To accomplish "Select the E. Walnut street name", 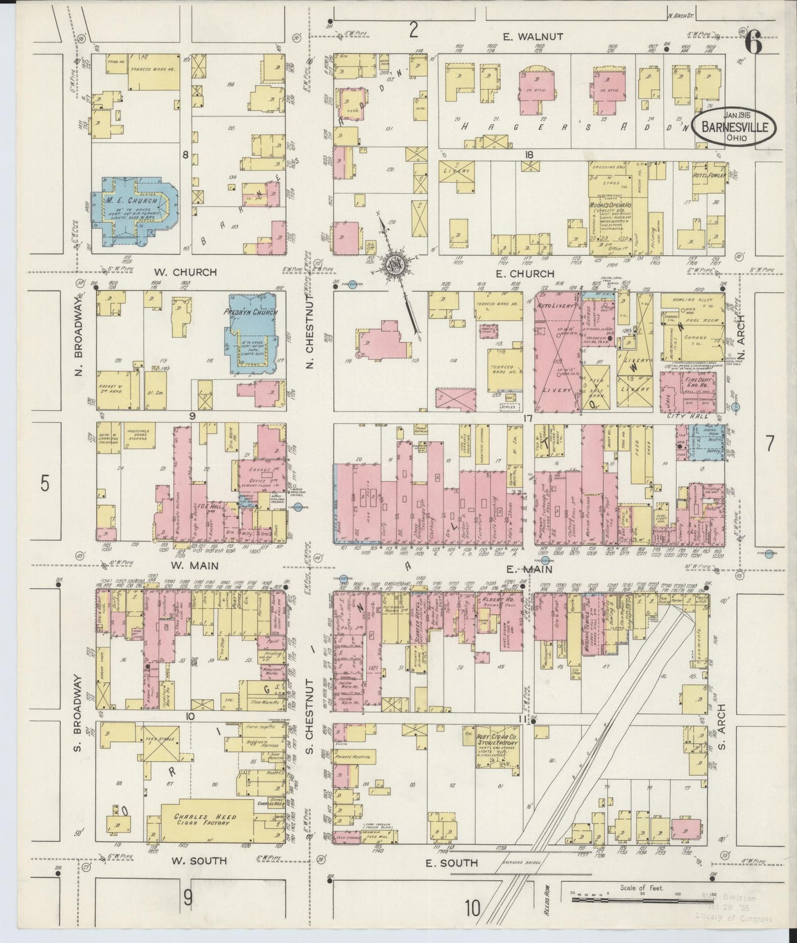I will click(x=533, y=36).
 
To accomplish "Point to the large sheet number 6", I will click(x=754, y=43).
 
